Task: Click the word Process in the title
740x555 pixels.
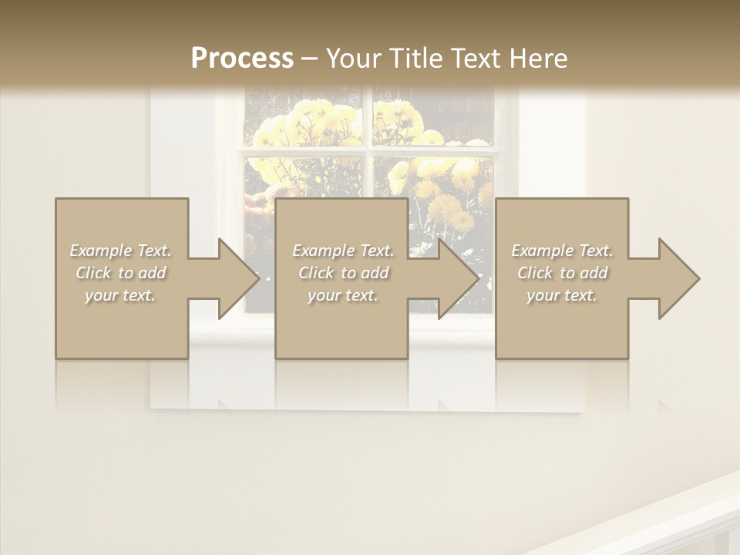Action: (x=242, y=59)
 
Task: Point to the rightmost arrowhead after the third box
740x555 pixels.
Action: (x=678, y=278)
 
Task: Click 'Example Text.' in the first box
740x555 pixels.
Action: (x=121, y=251)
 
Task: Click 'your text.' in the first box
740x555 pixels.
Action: (x=121, y=295)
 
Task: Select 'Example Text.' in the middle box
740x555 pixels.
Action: (x=343, y=251)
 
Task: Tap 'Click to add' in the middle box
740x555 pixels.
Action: (x=343, y=273)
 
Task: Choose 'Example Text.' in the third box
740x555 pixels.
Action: (x=562, y=251)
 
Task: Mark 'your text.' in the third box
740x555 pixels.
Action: (x=562, y=295)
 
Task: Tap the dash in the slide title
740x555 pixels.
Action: (x=309, y=59)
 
